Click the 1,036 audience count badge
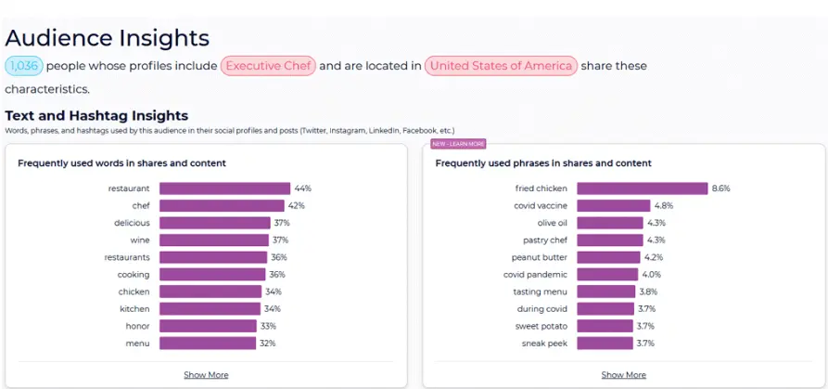(24, 66)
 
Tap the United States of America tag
(502, 66)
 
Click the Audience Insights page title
(108, 38)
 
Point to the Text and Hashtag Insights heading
(96, 116)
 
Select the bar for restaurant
(224, 188)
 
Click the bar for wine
(213, 240)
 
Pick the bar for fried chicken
(642, 188)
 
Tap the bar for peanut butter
(608, 257)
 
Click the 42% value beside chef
(297, 205)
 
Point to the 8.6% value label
(721, 188)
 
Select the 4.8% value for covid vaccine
(663, 205)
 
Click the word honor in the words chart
(137, 326)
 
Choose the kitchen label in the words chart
(134, 308)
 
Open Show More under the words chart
(206, 375)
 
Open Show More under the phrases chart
(623, 375)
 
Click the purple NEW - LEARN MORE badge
(459, 144)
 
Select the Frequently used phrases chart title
(542, 163)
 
